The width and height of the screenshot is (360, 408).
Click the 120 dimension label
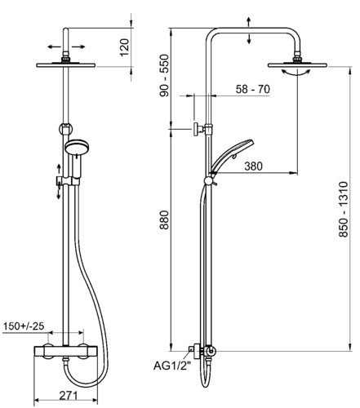(x=124, y=47)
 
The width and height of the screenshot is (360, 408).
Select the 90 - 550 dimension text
(x=164, y=75)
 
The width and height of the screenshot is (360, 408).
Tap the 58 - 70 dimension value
(x=253, y=89)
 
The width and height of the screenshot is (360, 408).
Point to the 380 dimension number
(x=253, y=166)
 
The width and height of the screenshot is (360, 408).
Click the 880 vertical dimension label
(x=164, y=220)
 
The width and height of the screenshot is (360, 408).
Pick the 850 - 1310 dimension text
(x=344, y=210)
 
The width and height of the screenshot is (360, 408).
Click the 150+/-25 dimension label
(x=24, y=326)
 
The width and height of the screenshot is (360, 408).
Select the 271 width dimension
(x=69, y=395)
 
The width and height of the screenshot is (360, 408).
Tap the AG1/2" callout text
(x=172, y=366)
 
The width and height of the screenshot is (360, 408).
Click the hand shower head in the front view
(x=76, y=148)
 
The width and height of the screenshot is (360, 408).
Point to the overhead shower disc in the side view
(x=297, y=65)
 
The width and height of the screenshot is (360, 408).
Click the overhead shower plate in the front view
(x=66, y=65)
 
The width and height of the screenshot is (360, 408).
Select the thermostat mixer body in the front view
(x=65, y=351)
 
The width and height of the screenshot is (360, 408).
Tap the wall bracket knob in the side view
(x=197, y=129)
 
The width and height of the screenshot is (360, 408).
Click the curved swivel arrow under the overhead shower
(x=296, y=73)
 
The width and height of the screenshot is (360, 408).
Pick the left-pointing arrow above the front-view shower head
(x=54, y=47)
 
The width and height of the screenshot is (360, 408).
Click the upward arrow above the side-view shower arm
(x=249, y=22)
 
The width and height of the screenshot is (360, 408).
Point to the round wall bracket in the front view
(x=65, y=128)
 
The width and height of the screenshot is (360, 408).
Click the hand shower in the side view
(x=231, y=157)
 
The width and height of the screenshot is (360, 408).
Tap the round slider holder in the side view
(x=209, y=180)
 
